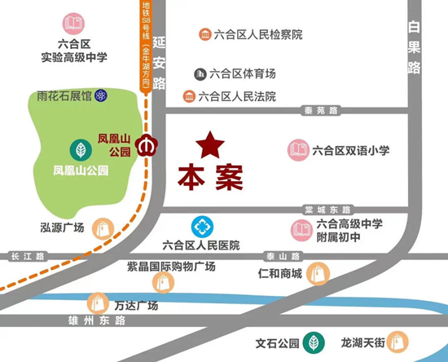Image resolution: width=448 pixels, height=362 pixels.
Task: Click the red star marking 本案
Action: click(x=211, y=146)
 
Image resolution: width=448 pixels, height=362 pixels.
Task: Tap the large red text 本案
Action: click(x=211, y=177)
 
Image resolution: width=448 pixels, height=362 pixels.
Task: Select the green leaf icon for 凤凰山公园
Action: click(x=81, y=151)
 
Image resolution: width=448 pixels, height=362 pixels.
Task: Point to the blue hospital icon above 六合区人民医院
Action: click(x=201, y=226)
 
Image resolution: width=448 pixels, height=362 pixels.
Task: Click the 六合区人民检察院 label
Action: click(x=257, y=34)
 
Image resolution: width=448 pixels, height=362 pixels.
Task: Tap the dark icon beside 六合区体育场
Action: click(x=200, y=74)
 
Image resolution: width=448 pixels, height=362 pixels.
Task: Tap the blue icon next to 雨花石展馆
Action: click(x=100, y=95)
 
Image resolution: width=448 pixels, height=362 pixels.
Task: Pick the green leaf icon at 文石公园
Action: click(x=310, y=343)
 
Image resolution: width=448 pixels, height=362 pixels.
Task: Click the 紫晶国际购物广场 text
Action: click(x=170, y=267)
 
